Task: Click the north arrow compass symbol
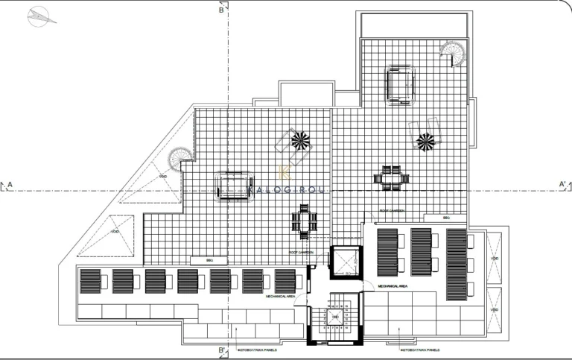(x=42, y=16)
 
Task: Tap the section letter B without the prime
(x=221, y=10)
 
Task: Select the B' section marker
(x=222, y=350)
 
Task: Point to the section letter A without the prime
(x=10, y=183)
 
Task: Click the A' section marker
(x=562, y=183)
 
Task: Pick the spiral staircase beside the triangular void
(x=179, y=158)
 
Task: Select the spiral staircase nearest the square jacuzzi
(x=452, y=53)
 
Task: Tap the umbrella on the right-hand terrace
(x=425, y=141)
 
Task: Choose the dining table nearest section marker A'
(x=392, y=179)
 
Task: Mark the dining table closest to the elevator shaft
(x=304, y=221)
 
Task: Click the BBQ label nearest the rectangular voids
(x=445, y=218)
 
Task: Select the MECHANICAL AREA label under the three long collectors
(x=392, y=285)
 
